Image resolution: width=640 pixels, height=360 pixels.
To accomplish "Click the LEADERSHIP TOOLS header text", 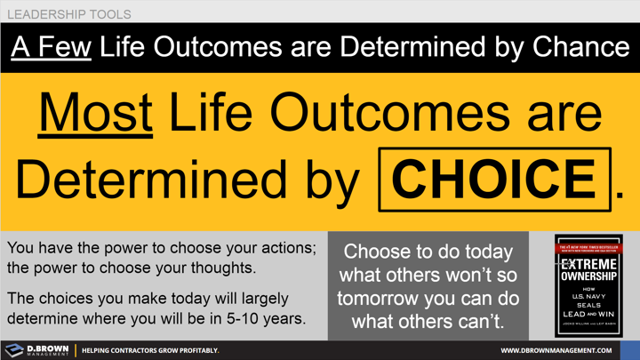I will [69, 14].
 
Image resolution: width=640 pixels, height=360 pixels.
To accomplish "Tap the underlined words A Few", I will [52, 46].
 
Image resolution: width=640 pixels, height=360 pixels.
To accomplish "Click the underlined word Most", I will [95, 113].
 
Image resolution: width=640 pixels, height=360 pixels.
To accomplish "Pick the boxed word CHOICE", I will [495, 178].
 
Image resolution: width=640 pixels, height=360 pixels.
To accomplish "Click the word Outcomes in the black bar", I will [226, 46].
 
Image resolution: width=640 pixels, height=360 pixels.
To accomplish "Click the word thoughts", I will [222, 268].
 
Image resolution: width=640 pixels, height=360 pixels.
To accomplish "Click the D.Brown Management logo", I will [36, 349].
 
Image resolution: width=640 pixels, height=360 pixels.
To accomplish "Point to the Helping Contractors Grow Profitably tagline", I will [150, 350].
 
